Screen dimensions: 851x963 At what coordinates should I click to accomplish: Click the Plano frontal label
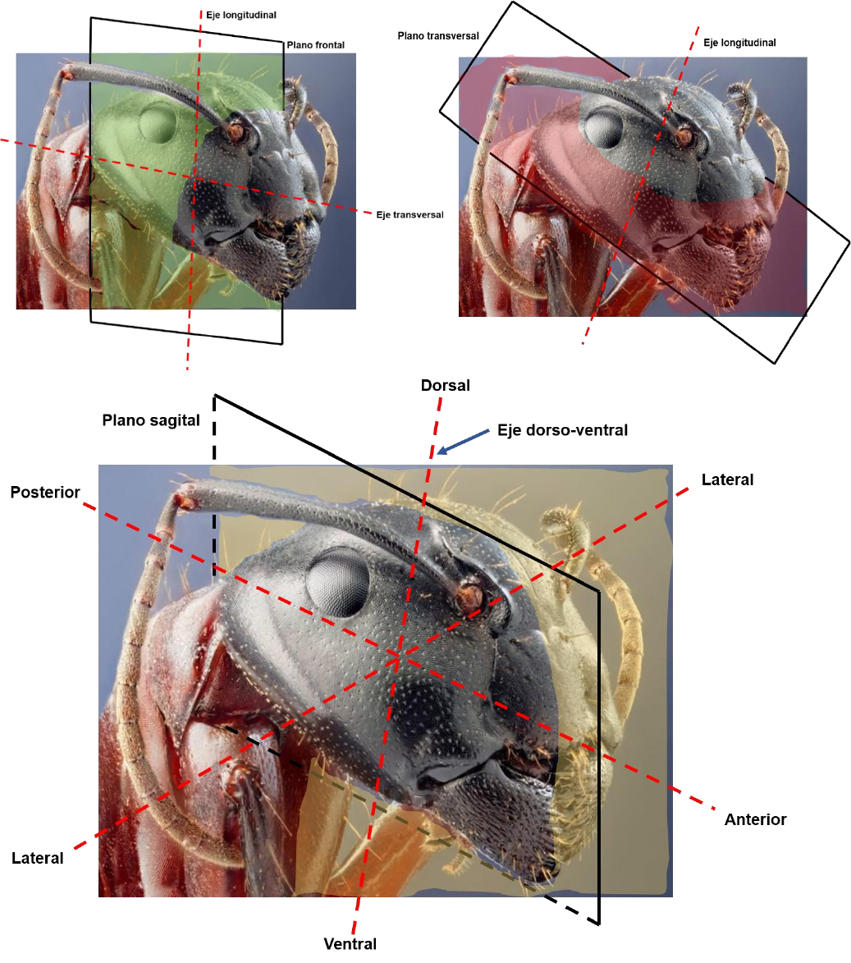point(315,45)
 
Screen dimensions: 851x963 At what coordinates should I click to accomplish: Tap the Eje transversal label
point(409,215)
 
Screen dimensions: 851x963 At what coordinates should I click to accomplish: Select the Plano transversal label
point(438,36)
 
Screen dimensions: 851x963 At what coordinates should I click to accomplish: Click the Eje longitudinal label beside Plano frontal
point(241,15)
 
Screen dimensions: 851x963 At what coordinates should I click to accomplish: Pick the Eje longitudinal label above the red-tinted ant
point(739,43)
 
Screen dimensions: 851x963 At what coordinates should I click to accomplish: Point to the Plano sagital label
point(151,420)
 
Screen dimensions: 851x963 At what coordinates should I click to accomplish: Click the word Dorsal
point(445,385)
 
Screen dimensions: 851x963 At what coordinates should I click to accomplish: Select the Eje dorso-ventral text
point(562,429)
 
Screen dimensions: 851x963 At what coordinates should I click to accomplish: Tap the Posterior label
point(45,493)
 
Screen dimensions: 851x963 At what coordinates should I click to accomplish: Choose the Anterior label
point(755,819)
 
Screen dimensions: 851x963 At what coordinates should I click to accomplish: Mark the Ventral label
point(350,944)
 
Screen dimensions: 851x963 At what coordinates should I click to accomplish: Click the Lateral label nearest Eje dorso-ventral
point(727,479)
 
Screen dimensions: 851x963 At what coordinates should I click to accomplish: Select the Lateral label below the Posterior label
point(38,859)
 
